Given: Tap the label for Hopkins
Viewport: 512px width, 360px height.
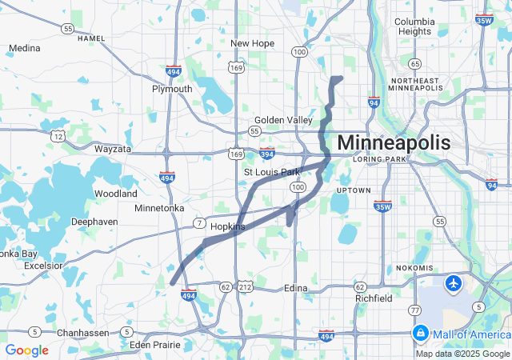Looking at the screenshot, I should (x=226, y=227).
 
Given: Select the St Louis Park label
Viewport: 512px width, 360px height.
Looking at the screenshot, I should (x=271, y=172).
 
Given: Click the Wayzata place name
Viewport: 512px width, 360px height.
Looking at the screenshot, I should (x=112, y=149).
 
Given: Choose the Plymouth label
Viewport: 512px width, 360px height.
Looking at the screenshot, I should (x=172, y=89).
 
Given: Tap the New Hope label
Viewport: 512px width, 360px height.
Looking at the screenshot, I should (x=252, y=43).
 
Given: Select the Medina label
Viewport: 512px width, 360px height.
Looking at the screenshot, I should (x=24, y=48).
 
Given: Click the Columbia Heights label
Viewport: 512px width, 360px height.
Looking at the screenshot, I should (x=414, y=26).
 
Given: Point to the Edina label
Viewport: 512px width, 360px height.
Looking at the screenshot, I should (x=295, y=288).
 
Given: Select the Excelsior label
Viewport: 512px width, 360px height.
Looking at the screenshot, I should (x=42, y=264).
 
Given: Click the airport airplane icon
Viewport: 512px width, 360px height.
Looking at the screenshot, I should (x=454, y=283).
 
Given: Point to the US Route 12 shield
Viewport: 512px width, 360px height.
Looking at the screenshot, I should (x=58, y=135).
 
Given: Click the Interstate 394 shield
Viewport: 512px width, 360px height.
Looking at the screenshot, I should (x=266, y=154).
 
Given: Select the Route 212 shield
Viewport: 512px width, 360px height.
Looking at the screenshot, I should (x=246, y=286).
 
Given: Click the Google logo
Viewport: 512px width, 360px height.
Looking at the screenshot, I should (x=26, y=350).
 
